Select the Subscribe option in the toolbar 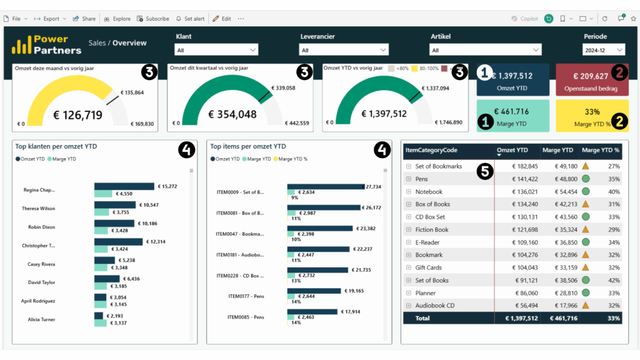click(153, 19)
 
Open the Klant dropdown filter click(217, 49)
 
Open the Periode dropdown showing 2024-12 click(603, 49)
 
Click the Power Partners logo click(47, 44)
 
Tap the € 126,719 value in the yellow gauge click(78, 114)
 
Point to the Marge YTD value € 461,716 click(511, 112)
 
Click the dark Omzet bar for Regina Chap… click(124, 186)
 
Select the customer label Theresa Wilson click(39, 209)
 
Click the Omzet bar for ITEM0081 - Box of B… click(323, 207)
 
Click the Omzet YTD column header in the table click(511, 150)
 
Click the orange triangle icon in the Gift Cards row click(586, 267)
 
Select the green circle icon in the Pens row click(586, 179)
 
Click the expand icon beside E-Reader click(409, 242)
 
